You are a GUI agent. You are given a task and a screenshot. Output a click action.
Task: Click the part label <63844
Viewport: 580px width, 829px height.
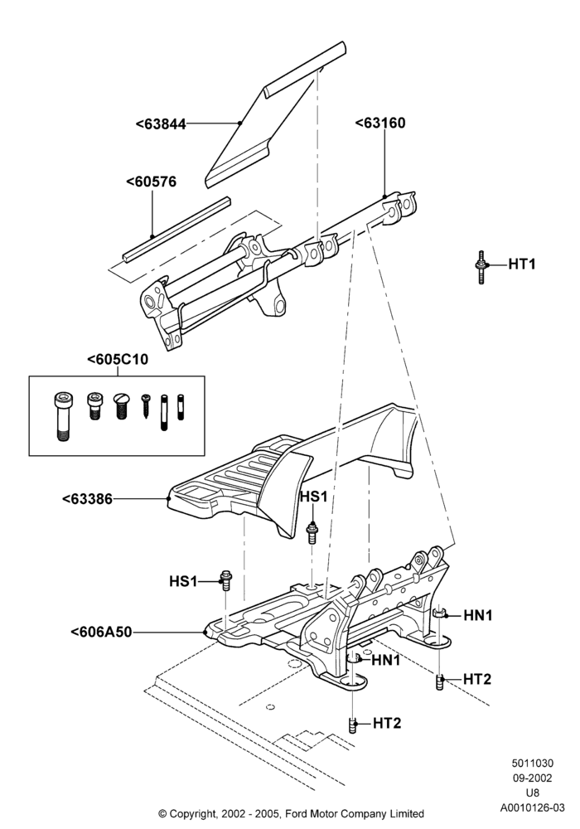(x=161, y=124)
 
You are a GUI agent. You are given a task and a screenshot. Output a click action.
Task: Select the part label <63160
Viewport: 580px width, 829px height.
(x=380, y=123)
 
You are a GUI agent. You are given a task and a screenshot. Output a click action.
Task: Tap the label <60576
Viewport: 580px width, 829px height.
(x=152, y=182)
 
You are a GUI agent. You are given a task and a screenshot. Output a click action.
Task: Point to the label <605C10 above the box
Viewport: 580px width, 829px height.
(x=118, y=359)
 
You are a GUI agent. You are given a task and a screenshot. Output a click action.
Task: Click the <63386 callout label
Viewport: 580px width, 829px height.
(x=87, y=498)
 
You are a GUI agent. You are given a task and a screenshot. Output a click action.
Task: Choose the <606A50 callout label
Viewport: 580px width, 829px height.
(x=101, y=631)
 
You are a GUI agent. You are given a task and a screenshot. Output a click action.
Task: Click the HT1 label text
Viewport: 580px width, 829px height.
(x=522, y=264)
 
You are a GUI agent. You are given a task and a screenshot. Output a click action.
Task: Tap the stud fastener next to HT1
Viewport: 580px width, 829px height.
(x=481, y=267)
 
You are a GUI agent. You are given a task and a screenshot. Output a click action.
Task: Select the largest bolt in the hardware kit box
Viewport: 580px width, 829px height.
(x=62, y=417)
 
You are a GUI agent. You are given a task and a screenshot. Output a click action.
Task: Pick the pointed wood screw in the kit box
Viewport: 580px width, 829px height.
(x=146, y=406)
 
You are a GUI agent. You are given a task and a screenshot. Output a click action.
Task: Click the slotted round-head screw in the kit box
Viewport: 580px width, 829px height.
(x=122, y=406)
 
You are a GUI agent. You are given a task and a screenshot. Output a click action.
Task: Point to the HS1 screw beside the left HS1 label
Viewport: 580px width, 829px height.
(x=226, y=580)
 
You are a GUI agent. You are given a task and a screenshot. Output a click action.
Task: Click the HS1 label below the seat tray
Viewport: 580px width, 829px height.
(x=314, y=497)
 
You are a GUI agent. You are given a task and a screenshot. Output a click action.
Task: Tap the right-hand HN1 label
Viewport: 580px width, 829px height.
(x=478, y=615)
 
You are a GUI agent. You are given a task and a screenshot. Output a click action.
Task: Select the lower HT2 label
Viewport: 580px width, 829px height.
(x=387, y=723)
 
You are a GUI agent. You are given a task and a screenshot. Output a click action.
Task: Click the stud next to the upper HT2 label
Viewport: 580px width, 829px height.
(x=439, y=682)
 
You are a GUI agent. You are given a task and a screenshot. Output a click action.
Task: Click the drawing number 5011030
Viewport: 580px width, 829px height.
(x=533, y=763)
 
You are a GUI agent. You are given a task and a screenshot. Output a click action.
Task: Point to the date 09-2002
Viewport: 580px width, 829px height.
(x=533, y=778)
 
